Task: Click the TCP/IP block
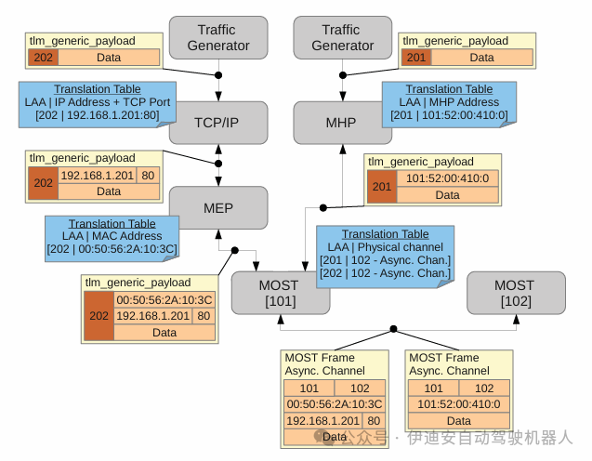coord(218,123)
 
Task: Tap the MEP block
coord(218,207)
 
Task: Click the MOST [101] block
coord(279,292)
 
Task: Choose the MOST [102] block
coord(515,292)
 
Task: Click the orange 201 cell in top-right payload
coord(416,58)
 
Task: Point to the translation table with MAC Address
coord(112,236)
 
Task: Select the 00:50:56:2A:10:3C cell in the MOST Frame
coord(334,404)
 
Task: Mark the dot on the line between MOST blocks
coord(394,328)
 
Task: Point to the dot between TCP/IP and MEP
coord(218,164)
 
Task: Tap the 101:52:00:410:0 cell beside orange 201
coord(447,178)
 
